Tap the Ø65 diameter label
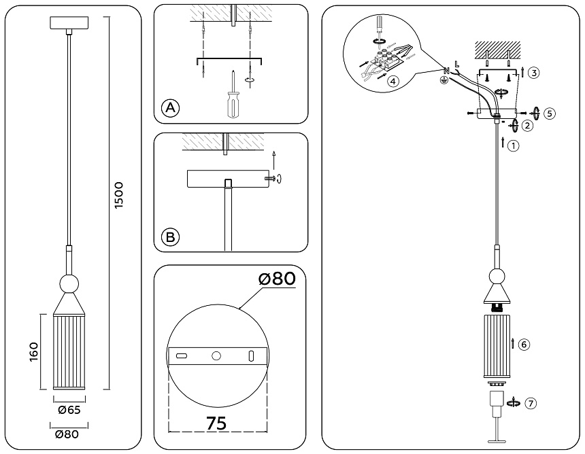click(x=69, y=410)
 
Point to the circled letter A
click(x=170, y=108)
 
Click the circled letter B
click(x=170, y=237)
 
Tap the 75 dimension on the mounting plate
click(x=216, y=422)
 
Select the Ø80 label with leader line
click(x=278, y=279)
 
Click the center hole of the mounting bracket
click(x=216, y=355)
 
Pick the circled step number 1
click(x=514, y=145)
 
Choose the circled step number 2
click(x=528, y=125)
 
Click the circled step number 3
click(x=534, y=73)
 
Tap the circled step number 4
click(x=392, y=81)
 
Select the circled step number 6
click(x=524, y=345)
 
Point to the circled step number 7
click(x=531, y=403)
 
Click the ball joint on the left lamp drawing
click(x=68, y=283)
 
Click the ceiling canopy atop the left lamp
click(x=68, y=22)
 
